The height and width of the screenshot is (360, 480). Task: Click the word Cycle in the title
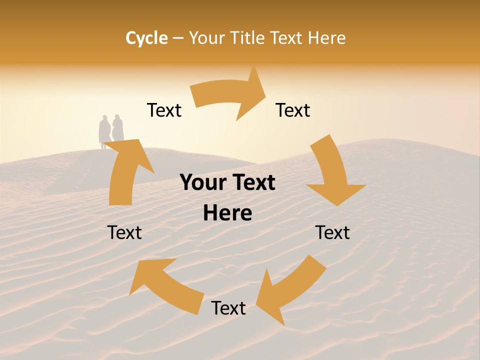[x=146, y=38]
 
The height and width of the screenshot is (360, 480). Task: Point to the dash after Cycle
[x=178, y=38]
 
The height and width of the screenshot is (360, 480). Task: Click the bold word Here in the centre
[x=227, y=213]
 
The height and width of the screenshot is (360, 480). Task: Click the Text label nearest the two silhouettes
[x=164, y=110]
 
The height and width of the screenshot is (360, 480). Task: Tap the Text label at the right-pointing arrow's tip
[x=293, y=110]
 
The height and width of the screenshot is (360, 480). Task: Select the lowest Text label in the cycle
[x=228, y=308]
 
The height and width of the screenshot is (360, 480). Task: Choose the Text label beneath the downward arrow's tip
[x=332, y=232]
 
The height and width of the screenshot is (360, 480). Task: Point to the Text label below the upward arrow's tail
[x=124, y=232]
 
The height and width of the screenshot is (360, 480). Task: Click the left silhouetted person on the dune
[x=104, y=131]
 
